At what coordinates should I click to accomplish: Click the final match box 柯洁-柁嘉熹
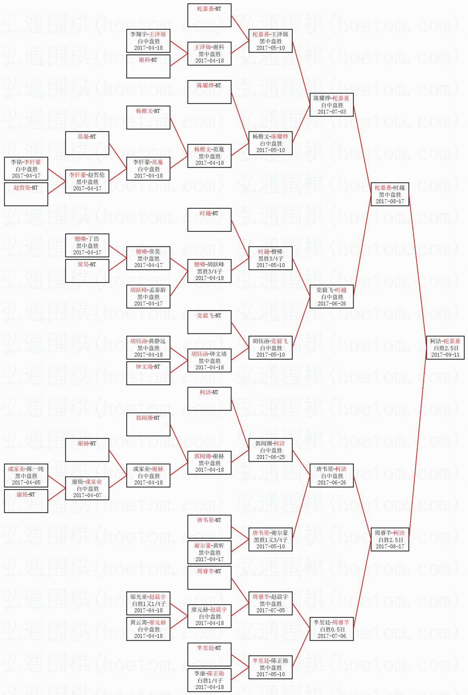[445, 347]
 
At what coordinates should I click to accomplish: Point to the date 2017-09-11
[445, 354]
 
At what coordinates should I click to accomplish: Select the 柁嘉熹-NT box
[209, 15]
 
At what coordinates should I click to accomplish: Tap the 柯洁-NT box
[209, 399]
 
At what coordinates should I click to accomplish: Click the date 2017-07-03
[332, 112]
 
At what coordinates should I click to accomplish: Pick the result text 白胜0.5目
[332, 629]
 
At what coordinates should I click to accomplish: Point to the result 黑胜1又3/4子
[270, 540]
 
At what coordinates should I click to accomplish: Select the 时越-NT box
[209, 220]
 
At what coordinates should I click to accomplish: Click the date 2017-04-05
[26, 482]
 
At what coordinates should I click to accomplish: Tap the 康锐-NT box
[26, 501]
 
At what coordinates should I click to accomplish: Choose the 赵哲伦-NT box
[26, 194]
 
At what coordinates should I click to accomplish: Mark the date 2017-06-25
[270, 457]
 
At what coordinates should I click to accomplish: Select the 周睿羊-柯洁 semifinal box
[390, 539]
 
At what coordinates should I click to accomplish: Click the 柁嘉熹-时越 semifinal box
[390, 194]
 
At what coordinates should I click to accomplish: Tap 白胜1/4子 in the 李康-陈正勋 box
[209, 680]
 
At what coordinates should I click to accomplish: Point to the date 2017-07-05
[270, 610]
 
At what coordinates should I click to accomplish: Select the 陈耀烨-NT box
[209, 92]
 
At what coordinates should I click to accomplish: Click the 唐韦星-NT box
[209, 527]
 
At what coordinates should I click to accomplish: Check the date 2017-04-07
[87, 495]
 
